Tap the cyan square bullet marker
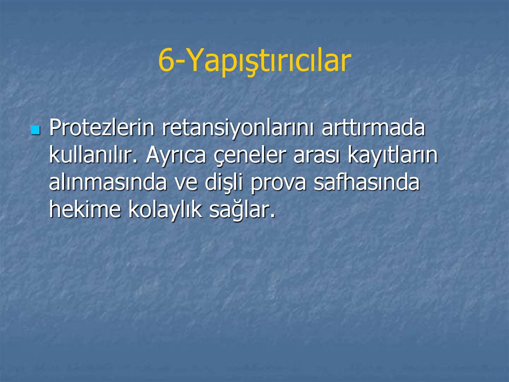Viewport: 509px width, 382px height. click(x=35, y=130)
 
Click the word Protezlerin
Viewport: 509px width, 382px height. click(x=101, y=129)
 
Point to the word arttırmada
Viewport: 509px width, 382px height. click(x=373, y=129)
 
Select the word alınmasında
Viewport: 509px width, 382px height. click(x=107, y=183)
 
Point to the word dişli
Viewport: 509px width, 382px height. click(x=224, y=183)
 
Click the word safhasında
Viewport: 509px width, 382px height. click(x=366, y=183)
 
